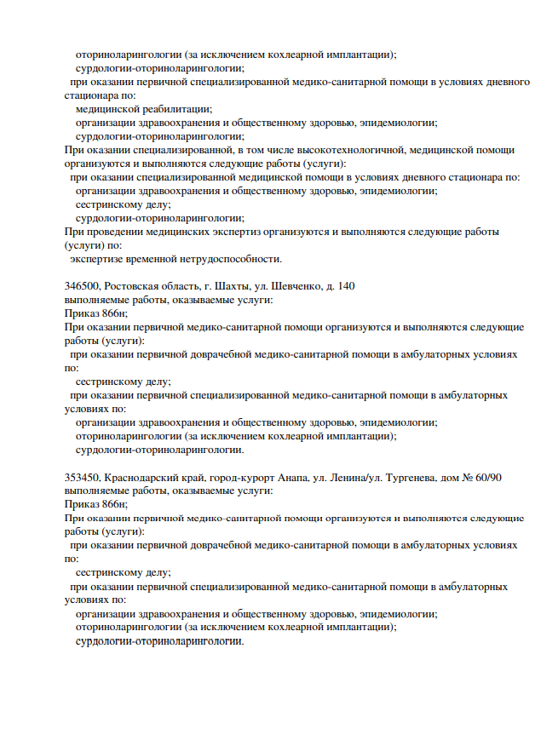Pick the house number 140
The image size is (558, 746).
point(347,286)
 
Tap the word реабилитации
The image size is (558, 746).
point(174,109)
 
